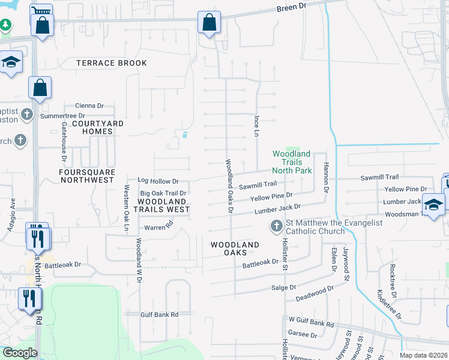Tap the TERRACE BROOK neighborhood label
click(x=112, y=63)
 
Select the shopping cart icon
click(x=41, y=12)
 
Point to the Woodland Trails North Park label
click(x=292, y=162)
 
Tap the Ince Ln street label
click(x=257, y=126)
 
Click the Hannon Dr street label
click(x=327, y=176)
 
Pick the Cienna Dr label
click(x=89, y=104)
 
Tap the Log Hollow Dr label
click(x=158, y=181)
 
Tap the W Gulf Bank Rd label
click(x=311, y=322)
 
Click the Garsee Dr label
click(x=302, y=334)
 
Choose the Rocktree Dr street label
click(x=393, y=281)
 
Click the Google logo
click(x=20, y=353)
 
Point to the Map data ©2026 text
click(x=423, y=355)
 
